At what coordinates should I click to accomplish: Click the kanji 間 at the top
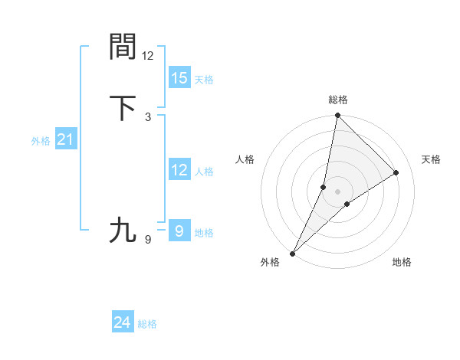tap(123, 47)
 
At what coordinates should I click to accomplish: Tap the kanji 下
tap(123, 107)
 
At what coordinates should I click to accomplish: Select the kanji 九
tap(123, 230)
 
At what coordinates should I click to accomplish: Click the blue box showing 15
tap(179, 78)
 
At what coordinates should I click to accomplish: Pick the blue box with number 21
tap(65, 139)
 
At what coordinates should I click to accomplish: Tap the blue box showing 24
tap(123, 323)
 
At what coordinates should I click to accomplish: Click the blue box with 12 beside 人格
tap(179, 170)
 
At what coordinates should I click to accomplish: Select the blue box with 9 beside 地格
tap(179, 230)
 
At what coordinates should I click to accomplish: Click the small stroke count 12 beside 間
tap(148, 56)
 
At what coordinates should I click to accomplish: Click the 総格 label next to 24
tap(147, 325)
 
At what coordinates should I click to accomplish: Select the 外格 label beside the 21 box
tap(41, 141)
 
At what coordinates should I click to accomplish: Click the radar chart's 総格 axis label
tap(338, 100)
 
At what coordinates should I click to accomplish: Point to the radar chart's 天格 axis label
tap(432, 159)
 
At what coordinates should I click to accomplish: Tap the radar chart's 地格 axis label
tap(402, 262)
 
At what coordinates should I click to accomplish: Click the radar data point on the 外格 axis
tap(292, 253)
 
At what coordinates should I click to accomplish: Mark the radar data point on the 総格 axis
tap(337, 115)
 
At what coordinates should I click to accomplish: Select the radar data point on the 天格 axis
tap(396, 172)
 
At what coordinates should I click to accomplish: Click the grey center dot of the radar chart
tap(337, 191)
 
